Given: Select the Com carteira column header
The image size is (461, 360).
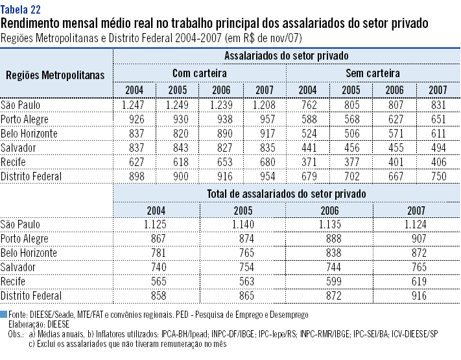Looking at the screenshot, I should click(x=199, y=73).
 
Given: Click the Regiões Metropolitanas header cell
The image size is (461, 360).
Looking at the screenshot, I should click(x=55, y=75).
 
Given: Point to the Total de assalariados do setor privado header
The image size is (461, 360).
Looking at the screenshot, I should click(x=286, y=193).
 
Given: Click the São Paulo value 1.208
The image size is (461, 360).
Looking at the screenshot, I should click(x=265, y=104).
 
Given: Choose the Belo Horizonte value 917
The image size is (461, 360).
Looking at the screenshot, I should click(x=265, y=133).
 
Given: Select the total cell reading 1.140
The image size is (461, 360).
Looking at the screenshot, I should click(x=243, y=224).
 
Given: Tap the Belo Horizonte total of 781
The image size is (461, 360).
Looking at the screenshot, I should click(x=156, y=253).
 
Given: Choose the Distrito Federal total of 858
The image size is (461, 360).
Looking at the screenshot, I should click(x=156, y=296).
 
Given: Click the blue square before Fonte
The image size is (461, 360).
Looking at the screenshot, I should click(x=4, y=314).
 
